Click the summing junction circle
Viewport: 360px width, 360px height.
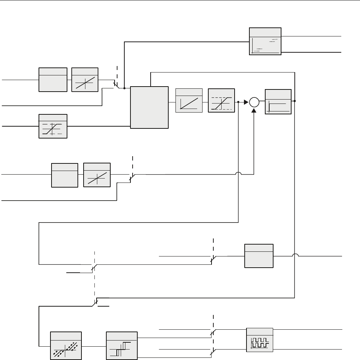(x=254, y=102)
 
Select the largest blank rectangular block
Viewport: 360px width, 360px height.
(x=149, y=107)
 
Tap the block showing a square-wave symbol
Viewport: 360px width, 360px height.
(x=259, y=339)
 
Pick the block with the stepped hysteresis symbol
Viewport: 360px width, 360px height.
(x=122, y=346)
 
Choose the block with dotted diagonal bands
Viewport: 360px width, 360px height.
(x=66, y=346)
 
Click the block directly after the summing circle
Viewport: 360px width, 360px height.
(x=278, y=102)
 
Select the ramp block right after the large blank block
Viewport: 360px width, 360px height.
(x=188, y=101)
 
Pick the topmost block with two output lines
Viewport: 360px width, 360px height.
(x=265, y=41)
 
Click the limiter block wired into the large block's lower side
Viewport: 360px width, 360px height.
(x=53, y=126)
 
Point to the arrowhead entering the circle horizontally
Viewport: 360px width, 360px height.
(x=246, y=102)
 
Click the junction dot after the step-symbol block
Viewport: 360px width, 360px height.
(x=295, y=101)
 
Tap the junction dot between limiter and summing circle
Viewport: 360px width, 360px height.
(x=239, y=102)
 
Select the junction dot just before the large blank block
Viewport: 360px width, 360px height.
(x=124, y=88)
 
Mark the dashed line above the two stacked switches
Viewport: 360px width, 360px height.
(x=214, y=321)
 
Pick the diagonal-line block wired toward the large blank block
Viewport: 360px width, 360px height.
(x=85, y=80)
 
